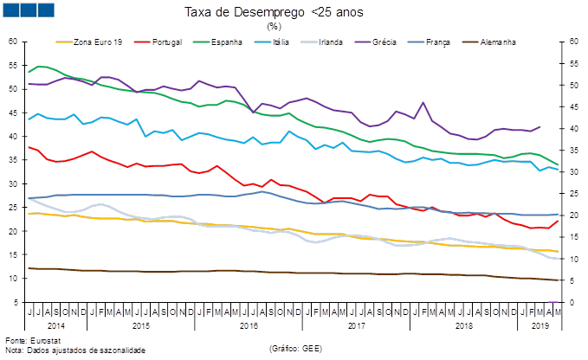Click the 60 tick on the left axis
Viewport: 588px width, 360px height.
point(13,42)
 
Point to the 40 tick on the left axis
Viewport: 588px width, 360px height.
point(13,137)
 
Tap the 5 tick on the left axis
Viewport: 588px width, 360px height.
point(15,303)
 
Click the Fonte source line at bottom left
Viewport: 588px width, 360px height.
point(26,342)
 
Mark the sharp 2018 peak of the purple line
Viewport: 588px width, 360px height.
point(423,102)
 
